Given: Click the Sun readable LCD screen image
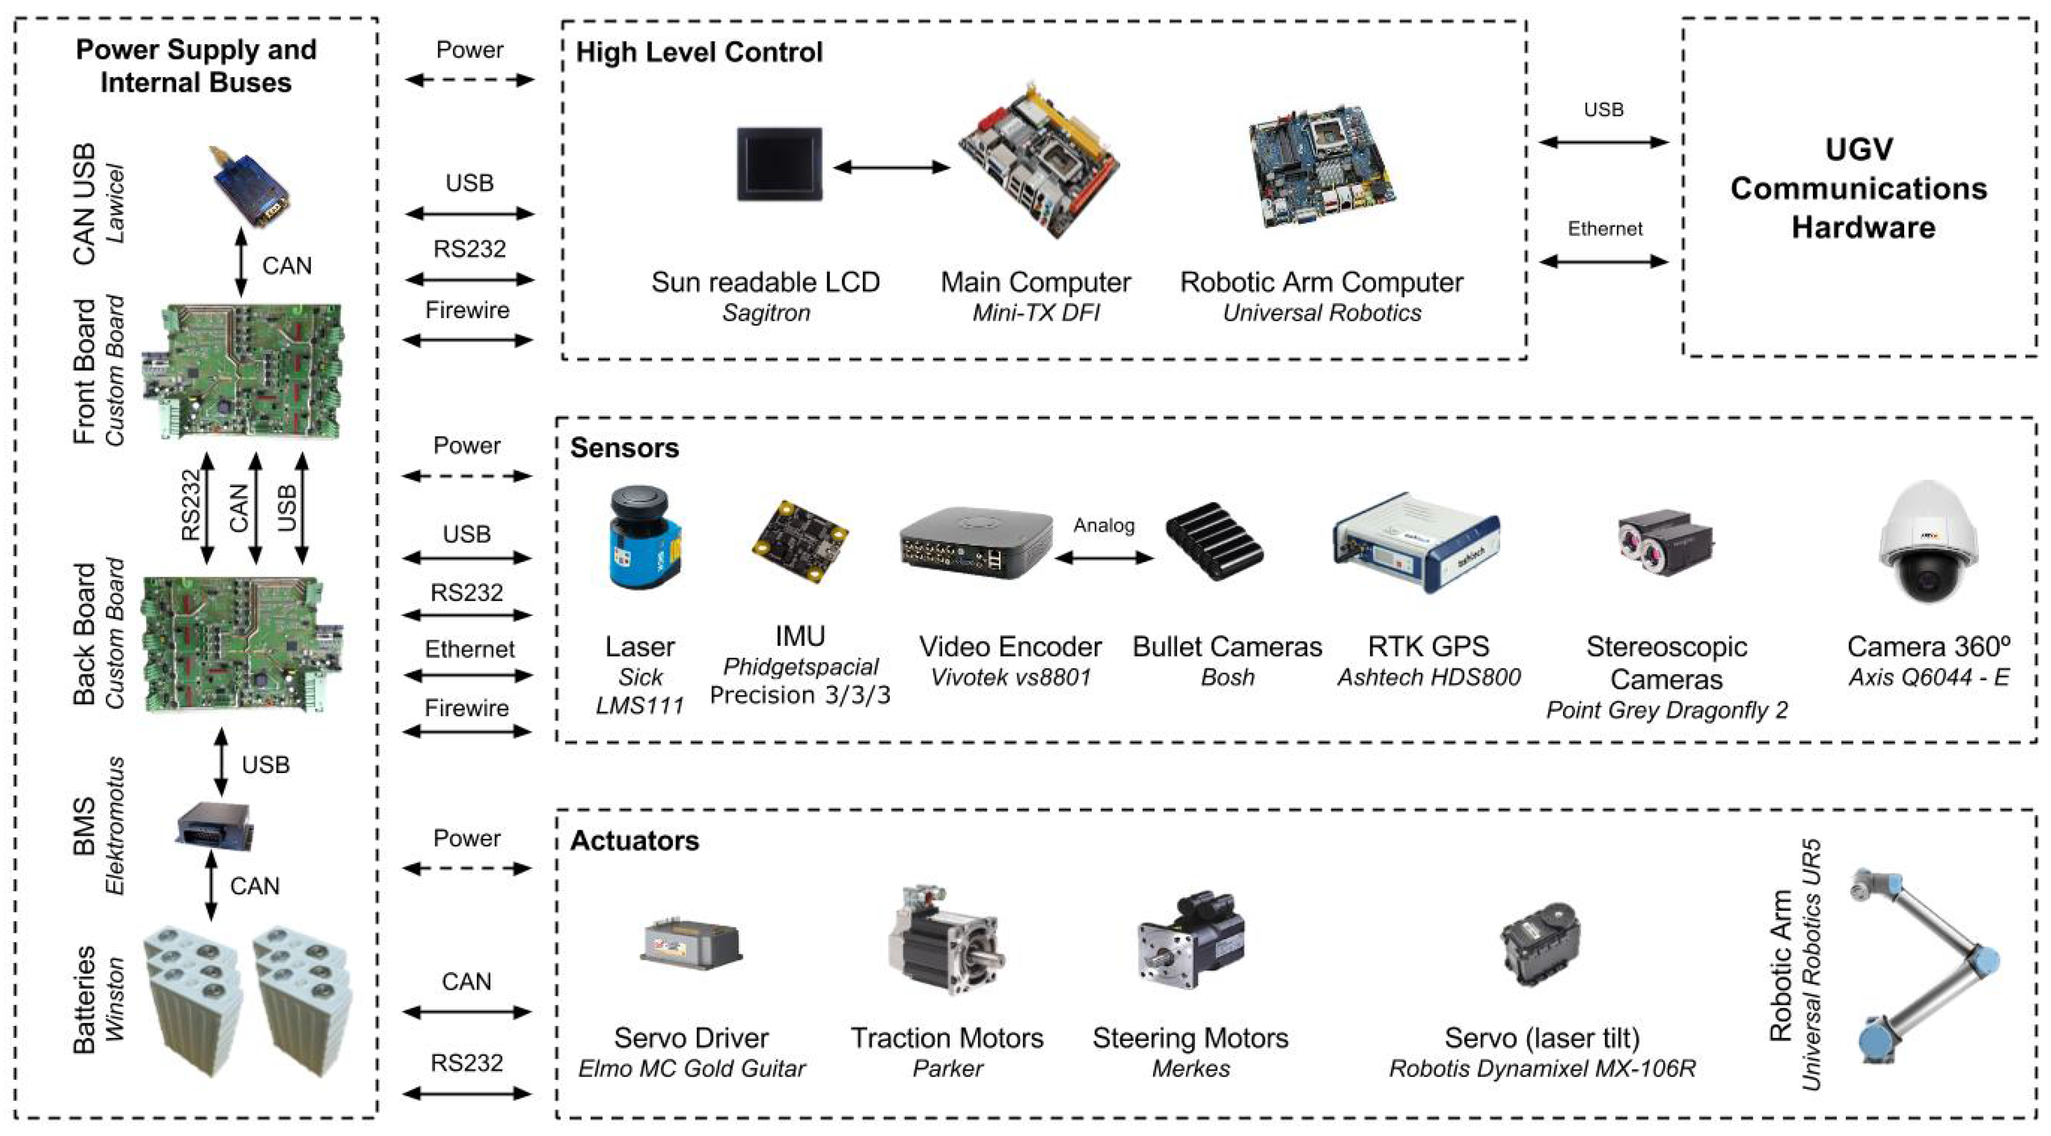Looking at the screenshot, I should (x=779, y=163).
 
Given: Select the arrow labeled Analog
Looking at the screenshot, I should (x=1104, y=558).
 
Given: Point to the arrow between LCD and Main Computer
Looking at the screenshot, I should (x=891, y=167).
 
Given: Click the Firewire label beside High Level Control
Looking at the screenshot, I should (x=467, y=310).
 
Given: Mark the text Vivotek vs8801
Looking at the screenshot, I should (x=1010, y=677).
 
